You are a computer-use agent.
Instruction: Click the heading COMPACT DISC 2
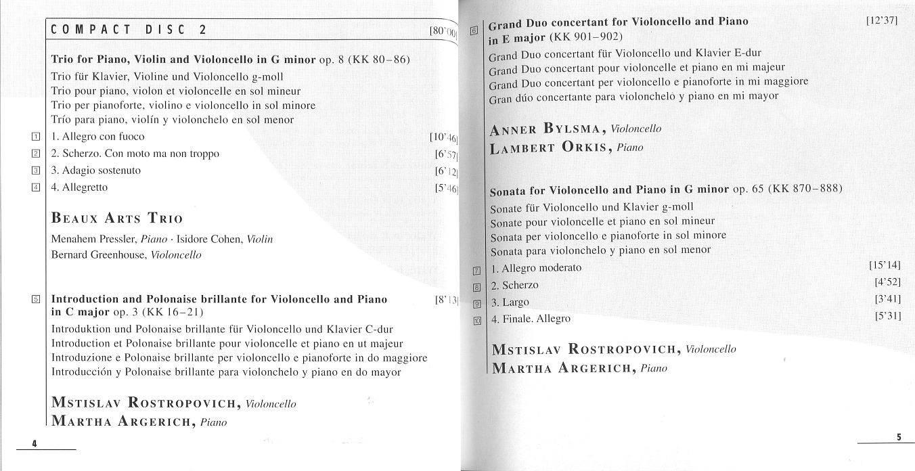(129, 29)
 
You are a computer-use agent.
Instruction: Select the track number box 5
(36, 299)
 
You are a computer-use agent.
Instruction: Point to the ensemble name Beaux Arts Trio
(117, 219)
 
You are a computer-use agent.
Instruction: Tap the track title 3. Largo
(510, 302)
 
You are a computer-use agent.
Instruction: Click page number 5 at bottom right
(899, 436)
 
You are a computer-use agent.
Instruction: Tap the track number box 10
(476, 321)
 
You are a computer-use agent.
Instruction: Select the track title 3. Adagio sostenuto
(96, 170)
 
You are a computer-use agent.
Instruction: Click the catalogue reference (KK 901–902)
(586, 37)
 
